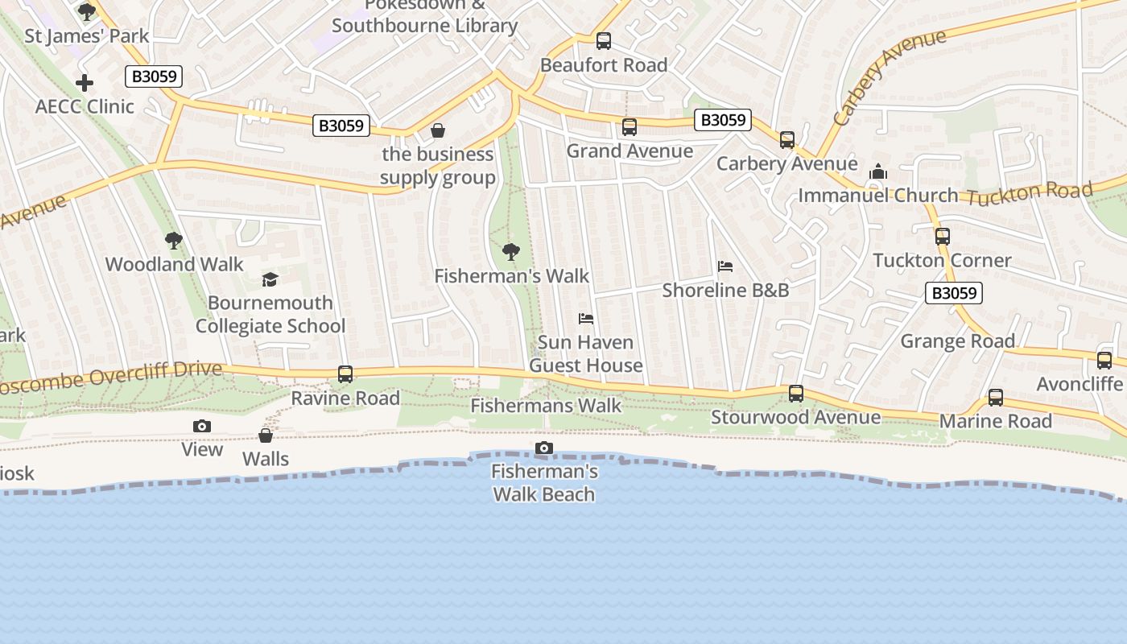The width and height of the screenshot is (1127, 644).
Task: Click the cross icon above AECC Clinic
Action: click(85, 83)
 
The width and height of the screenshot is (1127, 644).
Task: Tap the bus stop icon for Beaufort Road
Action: click(604, 41)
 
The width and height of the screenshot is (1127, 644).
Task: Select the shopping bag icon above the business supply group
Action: click(438, 130)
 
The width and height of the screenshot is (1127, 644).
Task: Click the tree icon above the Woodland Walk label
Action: click(173, 241)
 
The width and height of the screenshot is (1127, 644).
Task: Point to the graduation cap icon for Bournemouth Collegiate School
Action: click(270, 279)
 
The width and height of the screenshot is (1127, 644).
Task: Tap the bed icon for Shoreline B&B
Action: click(725, 266)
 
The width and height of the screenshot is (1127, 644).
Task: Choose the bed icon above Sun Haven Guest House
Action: click(586, 319)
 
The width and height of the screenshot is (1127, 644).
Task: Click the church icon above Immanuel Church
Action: click(878, 171)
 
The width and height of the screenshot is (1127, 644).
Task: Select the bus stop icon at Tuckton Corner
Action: click(943, 237)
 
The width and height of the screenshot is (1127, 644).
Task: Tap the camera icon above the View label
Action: click(202, 426)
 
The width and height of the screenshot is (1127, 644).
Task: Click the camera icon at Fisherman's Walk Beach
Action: click(544, 448)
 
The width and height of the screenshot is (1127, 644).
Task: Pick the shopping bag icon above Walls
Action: click(266, 436)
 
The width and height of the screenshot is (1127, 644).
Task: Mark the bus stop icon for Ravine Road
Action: click(345, 374)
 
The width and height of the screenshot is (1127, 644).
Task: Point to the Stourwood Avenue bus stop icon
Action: click(796, 394)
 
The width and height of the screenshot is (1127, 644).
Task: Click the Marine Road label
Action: click(996, 421)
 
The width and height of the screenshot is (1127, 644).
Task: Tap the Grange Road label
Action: click(957, 341)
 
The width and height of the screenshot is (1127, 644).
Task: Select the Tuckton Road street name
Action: click(1030, 194)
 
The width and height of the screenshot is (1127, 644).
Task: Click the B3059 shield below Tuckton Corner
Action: click(954, 293)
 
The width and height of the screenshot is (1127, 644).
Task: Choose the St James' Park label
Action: click(87, 36)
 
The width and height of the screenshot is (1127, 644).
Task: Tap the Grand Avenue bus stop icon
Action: click(630, 127)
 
